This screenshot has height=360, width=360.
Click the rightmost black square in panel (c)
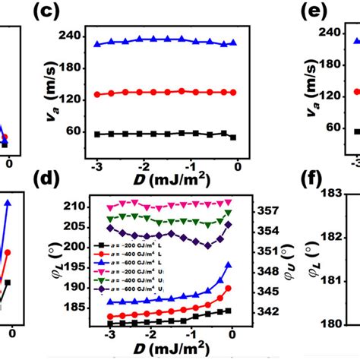[x=232, y=137]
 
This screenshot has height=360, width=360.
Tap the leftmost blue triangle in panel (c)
[x=97, y=44]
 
